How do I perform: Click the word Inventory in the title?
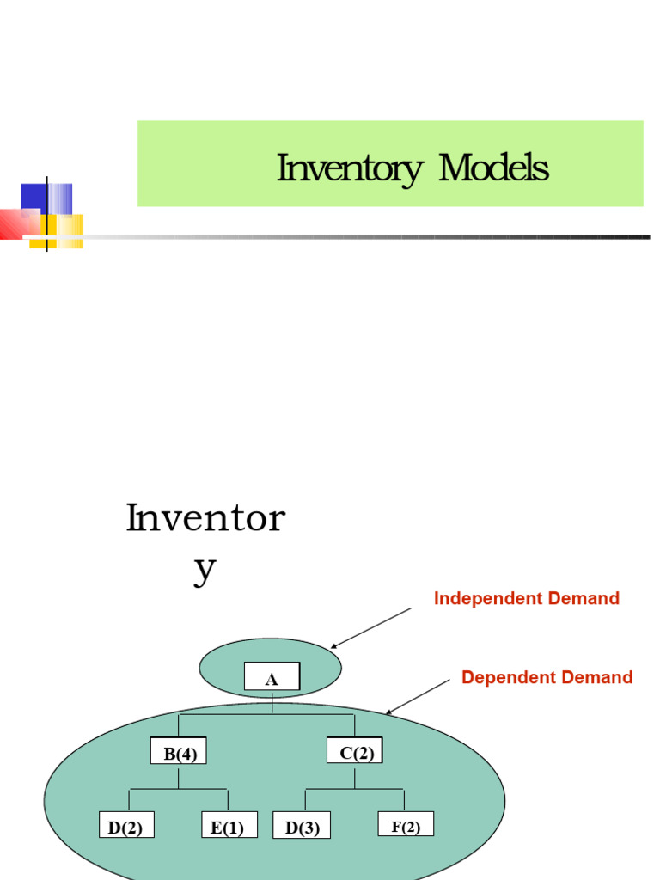[x=348, y=169]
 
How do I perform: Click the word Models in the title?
[x=493, y=168]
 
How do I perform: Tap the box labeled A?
[x=272, y=677]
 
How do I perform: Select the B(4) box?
[x=180, y=753]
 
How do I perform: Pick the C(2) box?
[x=355, y=751]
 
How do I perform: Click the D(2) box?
[x=125, y=827]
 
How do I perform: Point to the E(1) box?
[x=229, y=827]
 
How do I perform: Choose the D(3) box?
[x=302, y=827]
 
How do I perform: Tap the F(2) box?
[x=406, y=825]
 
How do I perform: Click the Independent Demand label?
[x=526, y=599]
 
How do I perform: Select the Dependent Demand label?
[x=547, y=677]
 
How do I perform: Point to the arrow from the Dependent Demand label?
[x=419, y=696]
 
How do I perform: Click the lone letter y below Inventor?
[x=205, y=570]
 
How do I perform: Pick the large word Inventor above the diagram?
[x=205, y=519]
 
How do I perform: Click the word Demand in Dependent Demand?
[x=596, y=677]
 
